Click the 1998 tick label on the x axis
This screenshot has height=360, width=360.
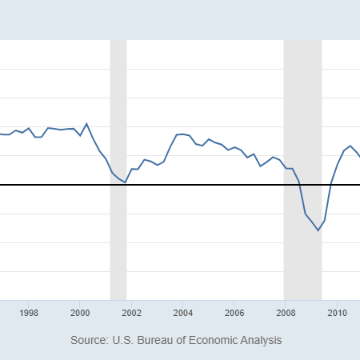coord(29,312)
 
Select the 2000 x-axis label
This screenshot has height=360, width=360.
coord(80,312)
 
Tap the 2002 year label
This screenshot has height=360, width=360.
coord(131,312)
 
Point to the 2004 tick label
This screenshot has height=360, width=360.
coord(183,312)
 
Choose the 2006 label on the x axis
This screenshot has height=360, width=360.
coord(234,312)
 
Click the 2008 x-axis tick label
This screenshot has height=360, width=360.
coord(286,312)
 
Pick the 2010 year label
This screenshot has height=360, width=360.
coord(337,312)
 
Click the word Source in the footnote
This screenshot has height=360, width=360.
coord(89,340)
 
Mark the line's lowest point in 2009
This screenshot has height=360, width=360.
coord(318,230)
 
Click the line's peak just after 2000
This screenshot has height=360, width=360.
coord(86,124)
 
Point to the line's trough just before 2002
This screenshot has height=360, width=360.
coord(125,182)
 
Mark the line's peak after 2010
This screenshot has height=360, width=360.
coord(350,146)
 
